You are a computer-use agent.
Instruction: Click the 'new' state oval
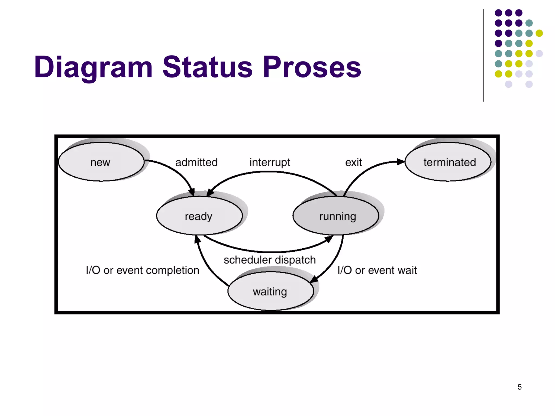pos(101,162)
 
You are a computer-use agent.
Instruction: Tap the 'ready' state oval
pos(199,216)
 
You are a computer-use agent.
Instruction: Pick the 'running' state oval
pos(336,216)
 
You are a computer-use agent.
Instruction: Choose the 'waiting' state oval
pos(270,291)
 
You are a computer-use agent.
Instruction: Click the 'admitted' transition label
pos(196,162)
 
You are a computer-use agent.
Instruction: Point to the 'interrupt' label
pos(270,162)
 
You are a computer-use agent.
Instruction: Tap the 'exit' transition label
pos(353,162)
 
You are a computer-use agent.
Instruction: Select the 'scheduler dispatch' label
pos(270,260)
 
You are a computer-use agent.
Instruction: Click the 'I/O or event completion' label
pos(143,270)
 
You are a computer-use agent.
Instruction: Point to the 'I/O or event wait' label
pos(377,270)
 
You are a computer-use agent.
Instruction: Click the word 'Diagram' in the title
pos(93,67)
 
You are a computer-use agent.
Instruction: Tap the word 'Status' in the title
pos(207,67)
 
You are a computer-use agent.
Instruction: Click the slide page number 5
pos(519,387)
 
